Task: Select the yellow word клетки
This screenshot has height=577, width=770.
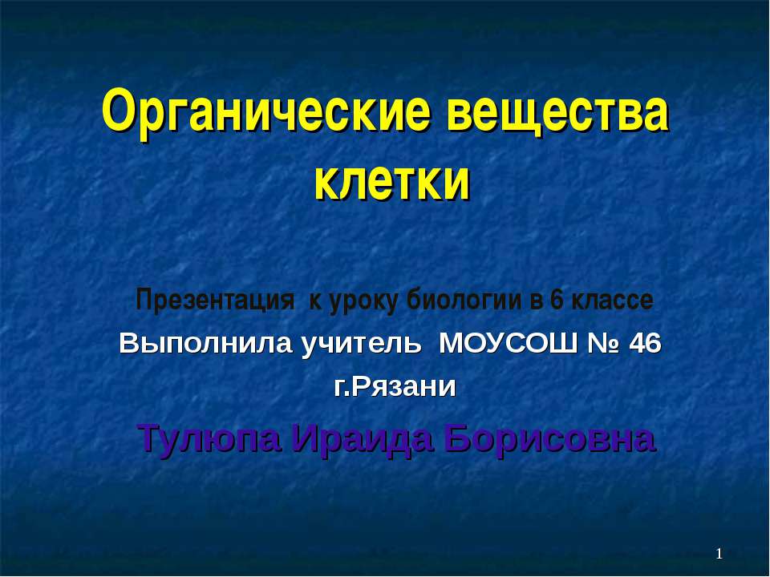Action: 391,181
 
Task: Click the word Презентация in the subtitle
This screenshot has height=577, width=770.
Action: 214,301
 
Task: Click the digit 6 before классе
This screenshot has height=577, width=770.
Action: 556,301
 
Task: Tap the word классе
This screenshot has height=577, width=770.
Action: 611,301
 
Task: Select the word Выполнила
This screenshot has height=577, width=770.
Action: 205,345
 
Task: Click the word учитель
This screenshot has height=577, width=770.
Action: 359,345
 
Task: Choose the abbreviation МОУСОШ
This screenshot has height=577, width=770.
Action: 509,345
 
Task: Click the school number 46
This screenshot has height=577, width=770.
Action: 645,345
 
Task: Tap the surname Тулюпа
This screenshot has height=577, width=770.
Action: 209,438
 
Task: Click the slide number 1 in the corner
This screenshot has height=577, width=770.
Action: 719,554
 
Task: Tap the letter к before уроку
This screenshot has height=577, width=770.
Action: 314,302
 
